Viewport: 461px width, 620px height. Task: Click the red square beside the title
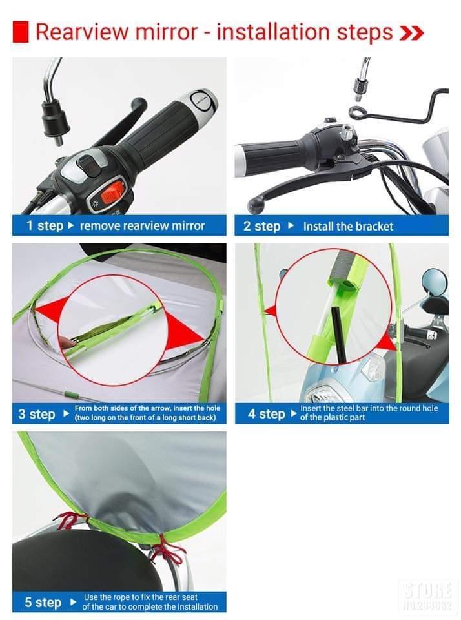[x=20, y=32]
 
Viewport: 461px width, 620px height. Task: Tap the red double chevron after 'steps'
[x=411, y=33]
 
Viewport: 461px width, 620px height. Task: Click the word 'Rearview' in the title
[x=83, y=32]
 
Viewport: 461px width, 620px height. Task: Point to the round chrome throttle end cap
[x=203, y=102]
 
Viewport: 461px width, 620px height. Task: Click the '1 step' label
[x=45, y=226]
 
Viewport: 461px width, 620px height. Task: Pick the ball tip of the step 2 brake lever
[x=253, y=205]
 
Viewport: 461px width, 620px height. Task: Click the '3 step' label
[x=36, y=414]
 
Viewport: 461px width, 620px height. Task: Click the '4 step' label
[x=267, y=414]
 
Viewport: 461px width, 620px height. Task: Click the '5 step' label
[x=43, y=602]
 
